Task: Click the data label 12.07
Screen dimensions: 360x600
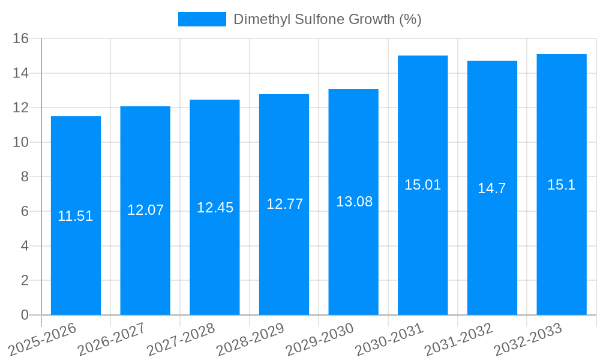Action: pyautogui.click(x=145, y=210)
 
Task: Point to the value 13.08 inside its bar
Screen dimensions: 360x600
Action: pyautogui.click(x=354, y=202)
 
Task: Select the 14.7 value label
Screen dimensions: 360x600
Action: pyautogui.click(x=492, y=188)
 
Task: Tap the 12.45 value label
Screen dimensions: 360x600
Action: pyautogui.click(x=215, y=208)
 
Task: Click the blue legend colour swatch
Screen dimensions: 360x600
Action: pyautogui.click(x=202, y=19)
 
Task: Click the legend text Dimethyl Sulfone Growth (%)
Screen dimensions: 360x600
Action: pyautogui.click(x=327, y=19)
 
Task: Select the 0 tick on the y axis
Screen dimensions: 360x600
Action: pyautogui.click(x=25, y=315)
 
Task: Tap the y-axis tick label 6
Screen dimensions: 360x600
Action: pyautogui.click(x=25, y=211)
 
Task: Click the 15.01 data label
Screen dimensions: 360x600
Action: pyautogui.click(x=422, y=185)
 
